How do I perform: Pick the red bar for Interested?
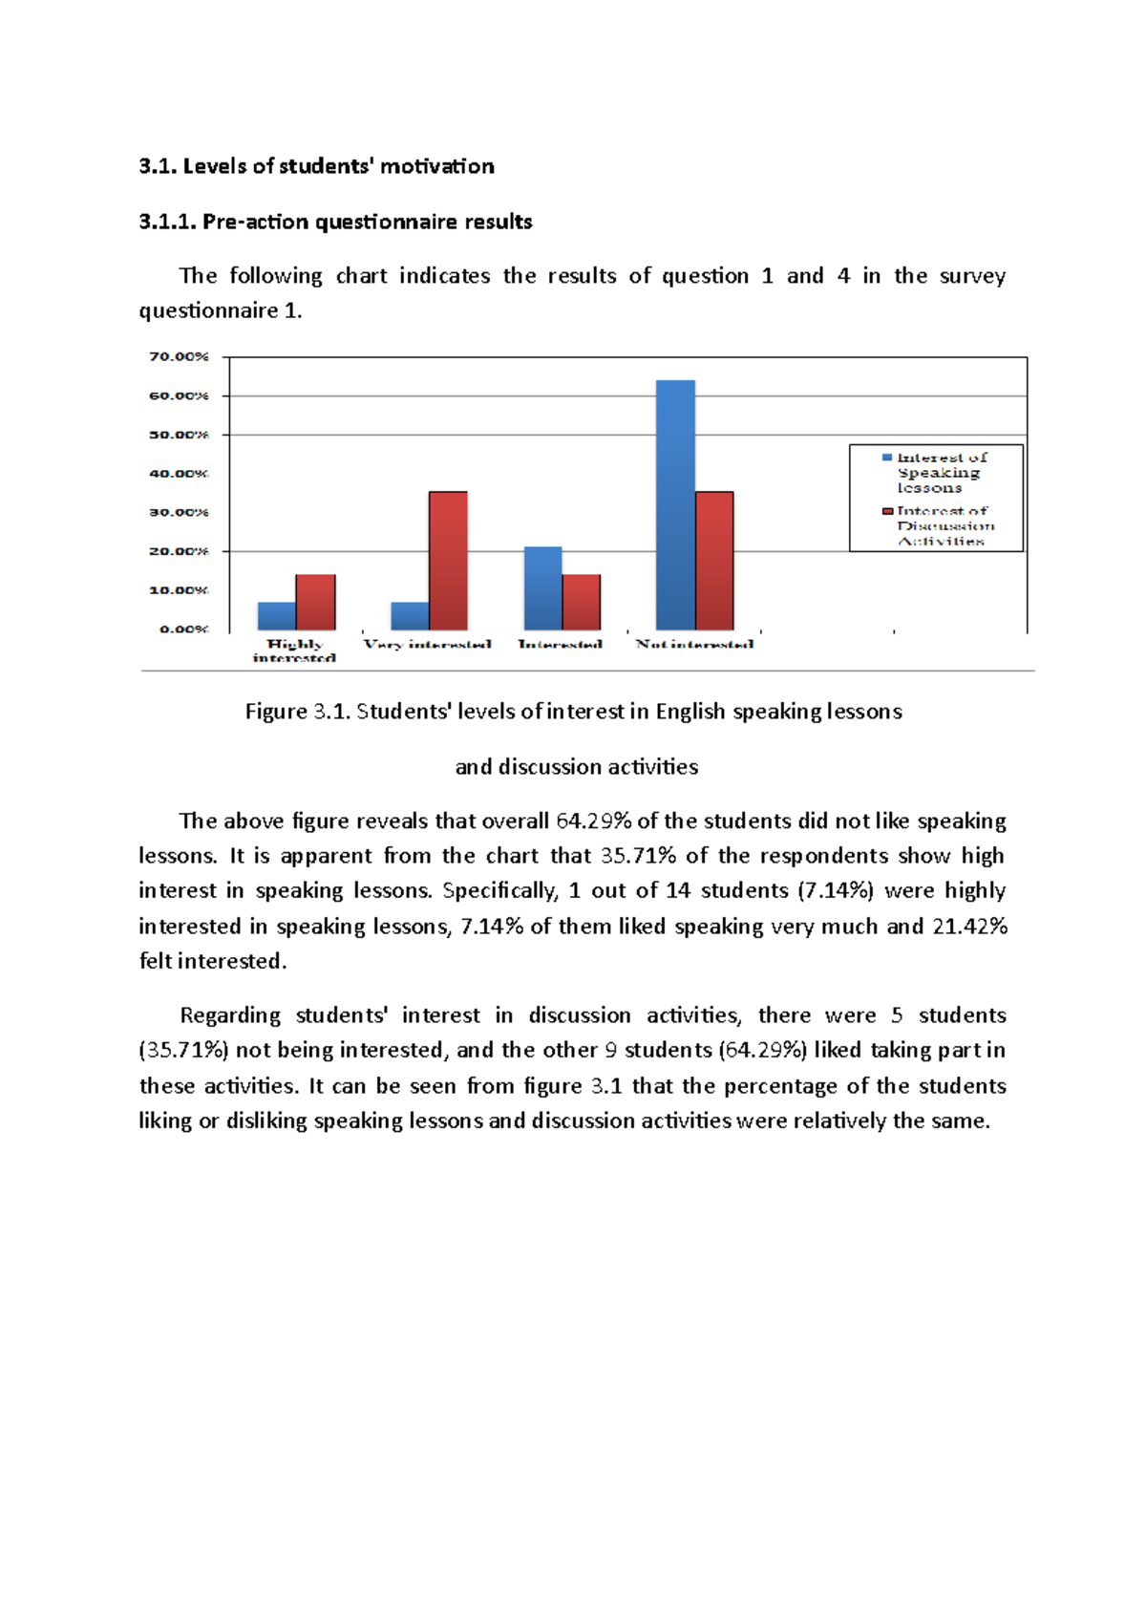tap(581, 602)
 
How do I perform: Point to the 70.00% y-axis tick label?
tap(179, 356)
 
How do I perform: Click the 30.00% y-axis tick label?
tap(179, 512)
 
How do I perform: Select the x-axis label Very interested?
tap(427, 644)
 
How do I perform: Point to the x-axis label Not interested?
tap(694, 644)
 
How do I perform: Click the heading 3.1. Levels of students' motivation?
tap(316, 166)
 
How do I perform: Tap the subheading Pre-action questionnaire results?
tap(367, 222)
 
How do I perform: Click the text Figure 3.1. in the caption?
tap(298, 712)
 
